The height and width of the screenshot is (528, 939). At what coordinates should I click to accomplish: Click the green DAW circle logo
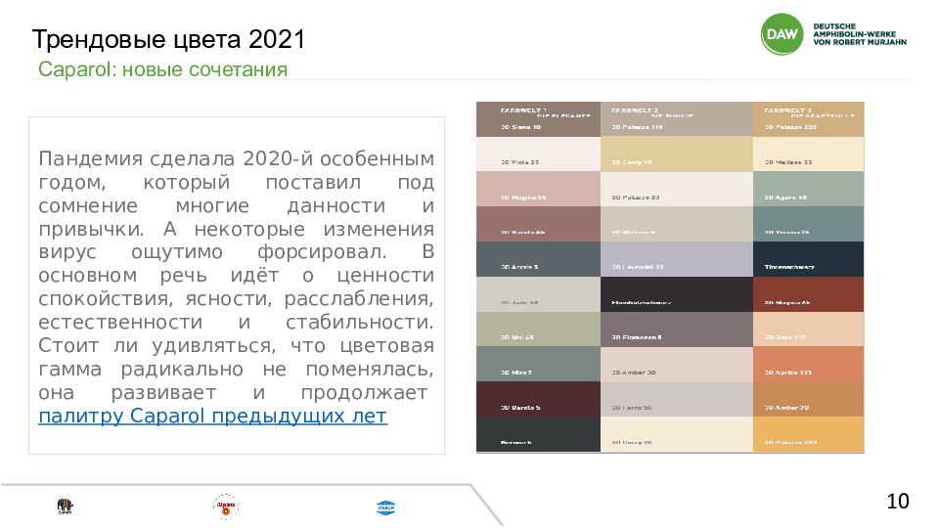[x=782, y=35]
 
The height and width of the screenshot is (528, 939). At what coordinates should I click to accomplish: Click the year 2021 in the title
[x=278, y=40]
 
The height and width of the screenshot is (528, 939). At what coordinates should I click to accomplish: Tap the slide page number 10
[x=897, y=502]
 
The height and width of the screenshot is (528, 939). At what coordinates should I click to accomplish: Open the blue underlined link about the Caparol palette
[x=212, y=417]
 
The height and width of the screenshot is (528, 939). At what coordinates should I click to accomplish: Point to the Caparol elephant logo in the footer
[x=66, y=506]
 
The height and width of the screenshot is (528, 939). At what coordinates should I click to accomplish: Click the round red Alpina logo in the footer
[x=226, y=506]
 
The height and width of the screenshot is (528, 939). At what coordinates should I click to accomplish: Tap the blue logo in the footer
[x=384, y=506]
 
